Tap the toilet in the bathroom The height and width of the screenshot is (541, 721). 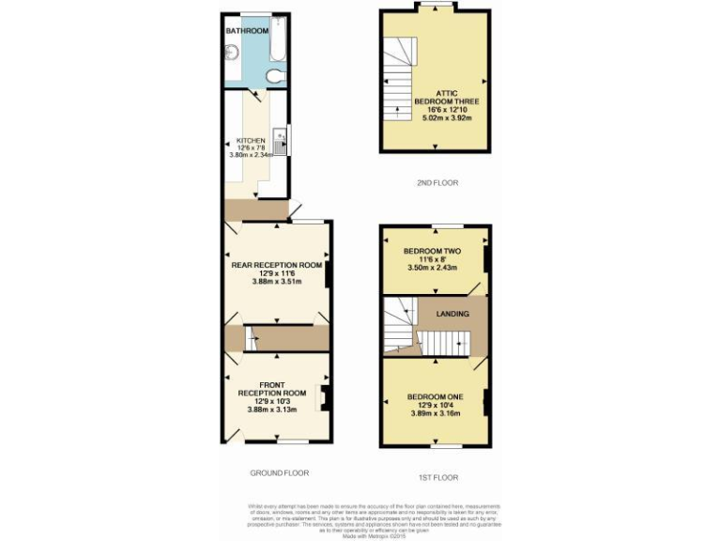275,75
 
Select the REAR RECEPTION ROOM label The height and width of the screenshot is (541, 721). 277,265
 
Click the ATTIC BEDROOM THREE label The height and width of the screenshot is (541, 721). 434,99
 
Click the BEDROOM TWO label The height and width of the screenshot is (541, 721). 433,251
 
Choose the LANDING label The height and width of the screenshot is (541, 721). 452,313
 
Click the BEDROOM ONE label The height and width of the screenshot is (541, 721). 434,396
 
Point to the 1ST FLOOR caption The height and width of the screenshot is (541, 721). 434,478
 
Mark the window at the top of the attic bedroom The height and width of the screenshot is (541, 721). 434,7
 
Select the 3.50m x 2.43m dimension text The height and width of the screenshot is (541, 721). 434,268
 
